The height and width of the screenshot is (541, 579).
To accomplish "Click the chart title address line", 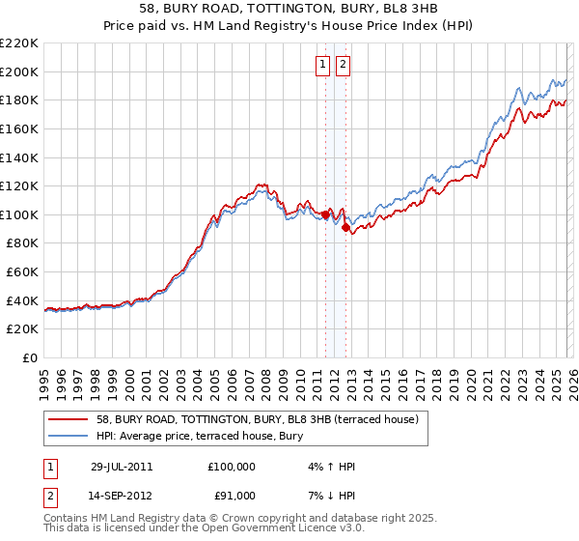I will pos(289,9).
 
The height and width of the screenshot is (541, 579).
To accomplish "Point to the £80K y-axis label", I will pos(22,243).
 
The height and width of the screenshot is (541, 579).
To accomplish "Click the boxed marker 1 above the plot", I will pos(322,65).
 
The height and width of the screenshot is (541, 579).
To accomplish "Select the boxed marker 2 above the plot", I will pos(344,65).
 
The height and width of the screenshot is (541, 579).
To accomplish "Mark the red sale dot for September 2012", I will pos(345,228).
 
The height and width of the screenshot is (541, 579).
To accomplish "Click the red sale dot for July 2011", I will pos(326,214).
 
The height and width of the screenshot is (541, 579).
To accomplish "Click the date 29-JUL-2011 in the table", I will pos(122,467).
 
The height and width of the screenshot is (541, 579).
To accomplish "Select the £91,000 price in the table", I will pos(232,496).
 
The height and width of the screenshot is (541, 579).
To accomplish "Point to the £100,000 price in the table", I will pos(232,467).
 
